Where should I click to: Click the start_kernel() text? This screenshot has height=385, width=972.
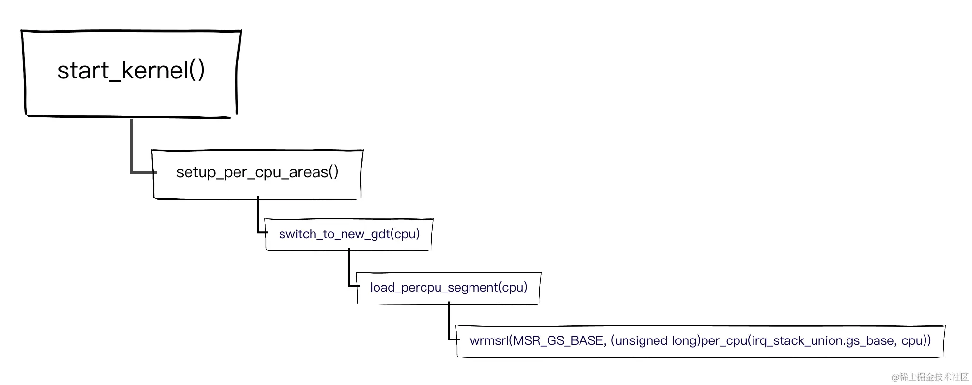click(131, 71)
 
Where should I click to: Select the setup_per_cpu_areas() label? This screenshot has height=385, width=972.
click(257, 172)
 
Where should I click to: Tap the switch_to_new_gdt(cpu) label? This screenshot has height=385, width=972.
click(349, 234)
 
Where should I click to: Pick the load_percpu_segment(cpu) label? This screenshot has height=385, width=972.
click(449, 288)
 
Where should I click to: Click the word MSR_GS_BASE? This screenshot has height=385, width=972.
click(558, 341)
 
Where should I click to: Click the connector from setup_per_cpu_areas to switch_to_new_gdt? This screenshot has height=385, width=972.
click(258, 218)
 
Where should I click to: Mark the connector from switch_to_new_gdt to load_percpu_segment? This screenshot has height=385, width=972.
click(349, 271)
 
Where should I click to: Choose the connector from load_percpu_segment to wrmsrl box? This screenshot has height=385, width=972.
click(450, 324)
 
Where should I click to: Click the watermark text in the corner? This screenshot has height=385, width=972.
click(929, 377)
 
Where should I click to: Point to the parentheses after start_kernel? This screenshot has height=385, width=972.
click(197, 71)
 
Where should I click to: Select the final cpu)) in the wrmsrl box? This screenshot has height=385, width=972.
click(916, 341)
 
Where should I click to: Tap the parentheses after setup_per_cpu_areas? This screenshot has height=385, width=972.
click(333, 172)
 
